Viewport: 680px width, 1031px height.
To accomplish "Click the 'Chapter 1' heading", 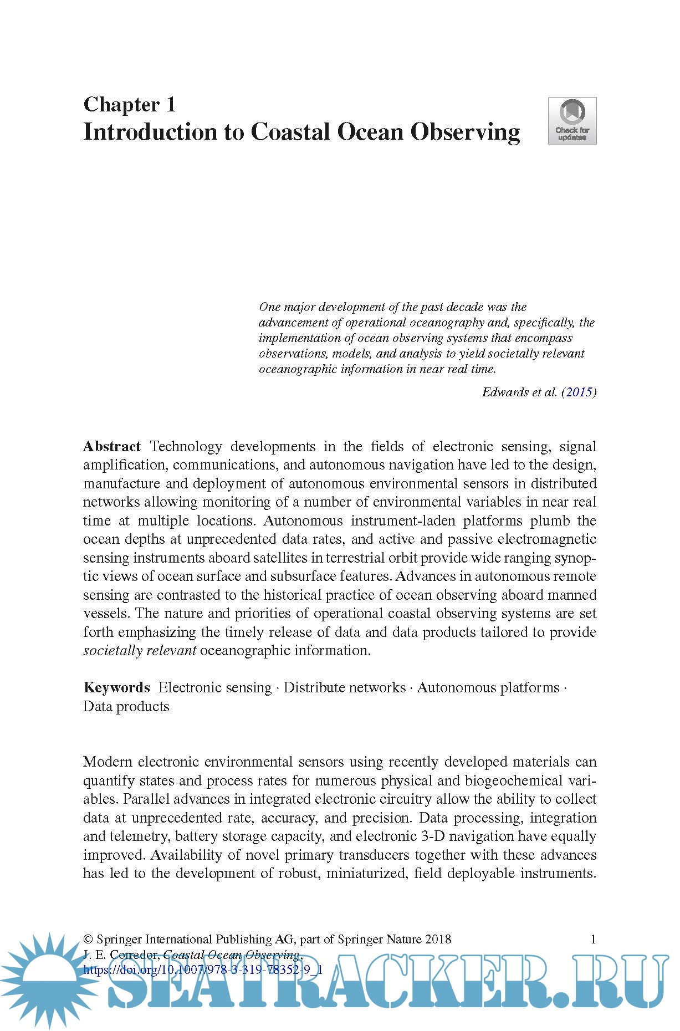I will [129, 104].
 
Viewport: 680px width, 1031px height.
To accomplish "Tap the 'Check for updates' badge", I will [572, 121].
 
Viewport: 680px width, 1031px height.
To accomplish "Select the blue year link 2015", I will [579, 392].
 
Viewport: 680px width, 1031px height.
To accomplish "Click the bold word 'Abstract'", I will [112, 447].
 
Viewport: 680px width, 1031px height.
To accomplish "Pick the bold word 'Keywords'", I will [117, 688].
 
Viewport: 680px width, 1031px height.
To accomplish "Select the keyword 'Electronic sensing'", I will [215, 688].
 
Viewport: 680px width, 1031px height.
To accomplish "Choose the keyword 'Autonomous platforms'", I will [488, 688].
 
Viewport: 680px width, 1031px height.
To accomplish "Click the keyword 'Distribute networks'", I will [345, 688].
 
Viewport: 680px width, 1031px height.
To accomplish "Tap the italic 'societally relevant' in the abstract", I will [140, 651].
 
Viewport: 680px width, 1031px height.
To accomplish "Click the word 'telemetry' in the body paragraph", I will [139, 836].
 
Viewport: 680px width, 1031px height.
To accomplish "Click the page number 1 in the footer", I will [593, 939].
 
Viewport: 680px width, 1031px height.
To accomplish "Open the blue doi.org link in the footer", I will [203, 970].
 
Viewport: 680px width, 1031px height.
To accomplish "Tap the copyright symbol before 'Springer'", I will [88, 940].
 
